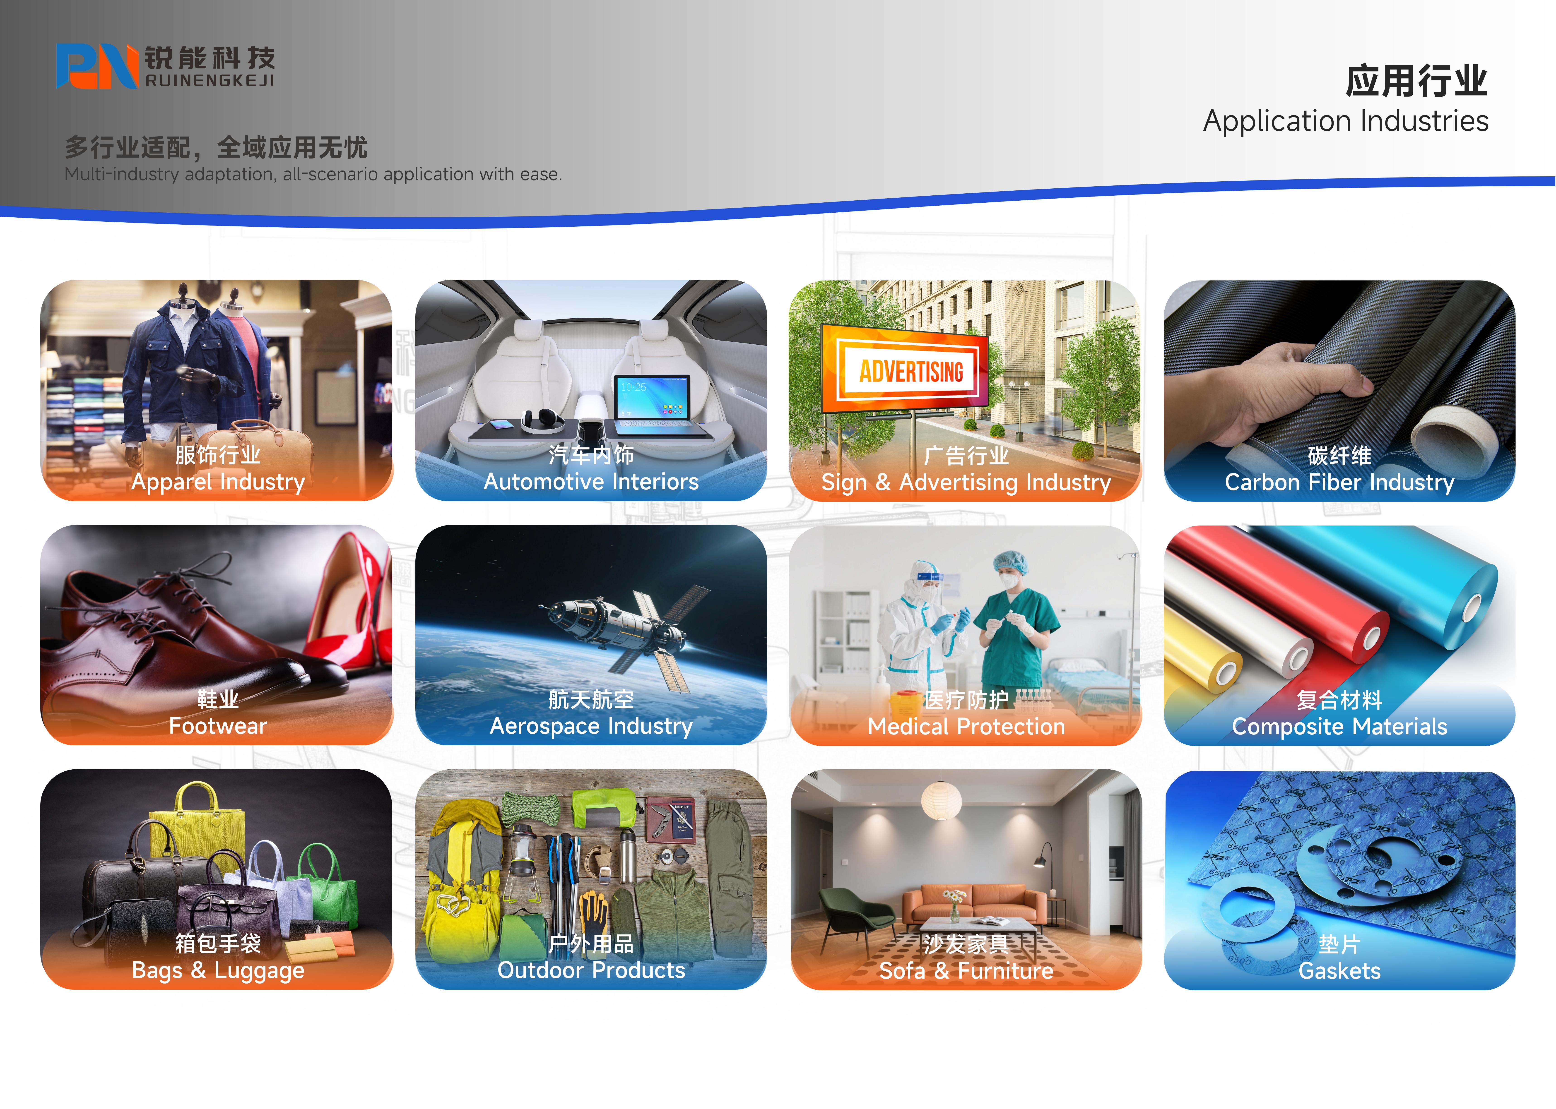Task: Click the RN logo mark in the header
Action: click(x=97, y=66)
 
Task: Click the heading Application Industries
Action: click(x=1346, y=122)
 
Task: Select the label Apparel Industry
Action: click(x=218, y=482)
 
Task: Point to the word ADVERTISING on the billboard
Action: click(x=911, y=372)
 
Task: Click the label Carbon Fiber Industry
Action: click(x=1339, y=483)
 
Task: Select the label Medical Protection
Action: click(x=966, y=727)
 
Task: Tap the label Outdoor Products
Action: click(x=591, y=970)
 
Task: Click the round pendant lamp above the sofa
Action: click(x=941, y=800)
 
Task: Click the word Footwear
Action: click(x=218, y=726)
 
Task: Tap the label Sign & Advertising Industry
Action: click(x=966, y=483)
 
